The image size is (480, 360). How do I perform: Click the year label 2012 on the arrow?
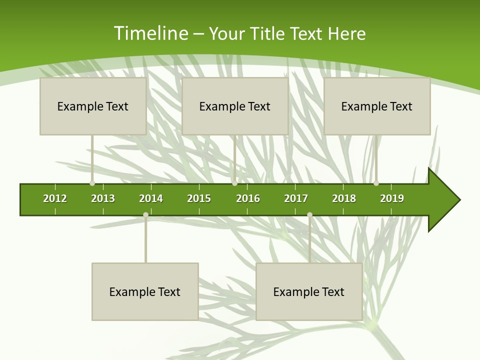click(55, 198)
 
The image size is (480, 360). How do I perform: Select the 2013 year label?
click(103, 198)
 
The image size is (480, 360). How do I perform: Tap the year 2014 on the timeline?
click(151, 198)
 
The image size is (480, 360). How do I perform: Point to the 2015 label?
click(199, 198)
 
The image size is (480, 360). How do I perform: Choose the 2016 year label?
click(248, 198)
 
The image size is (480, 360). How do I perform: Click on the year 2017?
click(296, 198)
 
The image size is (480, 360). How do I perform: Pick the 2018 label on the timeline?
click(344, 198)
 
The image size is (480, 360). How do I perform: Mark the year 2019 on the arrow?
click(392, 198)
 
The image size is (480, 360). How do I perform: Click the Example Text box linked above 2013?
click(93, 106)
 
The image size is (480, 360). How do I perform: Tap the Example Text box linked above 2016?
click(235, 106)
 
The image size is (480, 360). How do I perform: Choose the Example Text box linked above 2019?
click(377, 106)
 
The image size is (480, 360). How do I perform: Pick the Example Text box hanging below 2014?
click(145, 291)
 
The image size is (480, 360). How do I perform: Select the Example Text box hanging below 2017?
click(309, 291)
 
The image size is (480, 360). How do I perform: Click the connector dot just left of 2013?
click(92, 183)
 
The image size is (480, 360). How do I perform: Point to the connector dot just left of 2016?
click(234, 183)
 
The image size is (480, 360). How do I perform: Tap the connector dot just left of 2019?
click(376, 183)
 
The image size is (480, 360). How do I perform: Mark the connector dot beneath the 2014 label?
click(145, 215)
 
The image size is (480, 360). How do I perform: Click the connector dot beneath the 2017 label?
click(309, 215)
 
